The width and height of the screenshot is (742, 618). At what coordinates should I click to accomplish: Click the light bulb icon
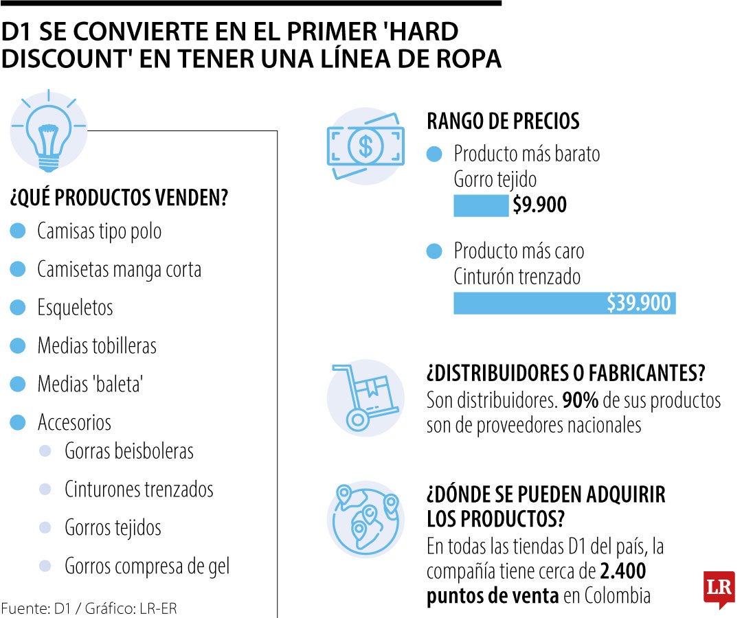(x=48, y=131)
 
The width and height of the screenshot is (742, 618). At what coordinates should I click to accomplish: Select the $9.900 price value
(x=540, y=205)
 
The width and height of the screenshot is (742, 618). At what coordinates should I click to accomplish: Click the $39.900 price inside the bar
(x=638, y=303)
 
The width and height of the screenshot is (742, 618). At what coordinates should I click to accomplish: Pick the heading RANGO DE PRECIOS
(x=503, y=122)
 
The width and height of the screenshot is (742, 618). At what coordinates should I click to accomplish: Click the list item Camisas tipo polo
(x=99, y=231)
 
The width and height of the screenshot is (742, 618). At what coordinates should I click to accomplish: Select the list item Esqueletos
(x=75, y=307)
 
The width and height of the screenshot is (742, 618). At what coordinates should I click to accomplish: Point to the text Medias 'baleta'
(x=89, y=384)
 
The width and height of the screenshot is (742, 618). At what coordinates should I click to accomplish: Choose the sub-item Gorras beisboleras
(x=129, y=451)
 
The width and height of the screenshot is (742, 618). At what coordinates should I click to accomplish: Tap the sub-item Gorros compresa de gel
(x=147, y=566)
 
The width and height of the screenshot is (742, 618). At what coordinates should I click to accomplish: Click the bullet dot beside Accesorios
(x=19, y=422)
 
